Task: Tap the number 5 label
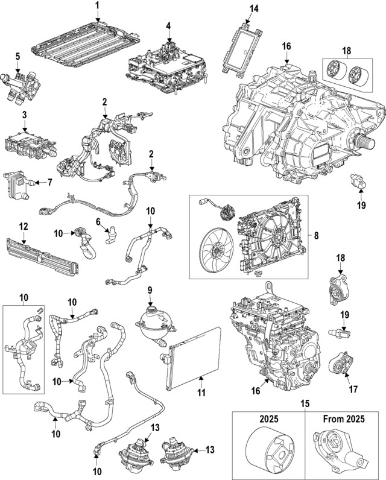(17, 56)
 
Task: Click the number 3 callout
(25, 114)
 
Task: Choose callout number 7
(50, 182)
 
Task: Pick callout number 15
(304, 403)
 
